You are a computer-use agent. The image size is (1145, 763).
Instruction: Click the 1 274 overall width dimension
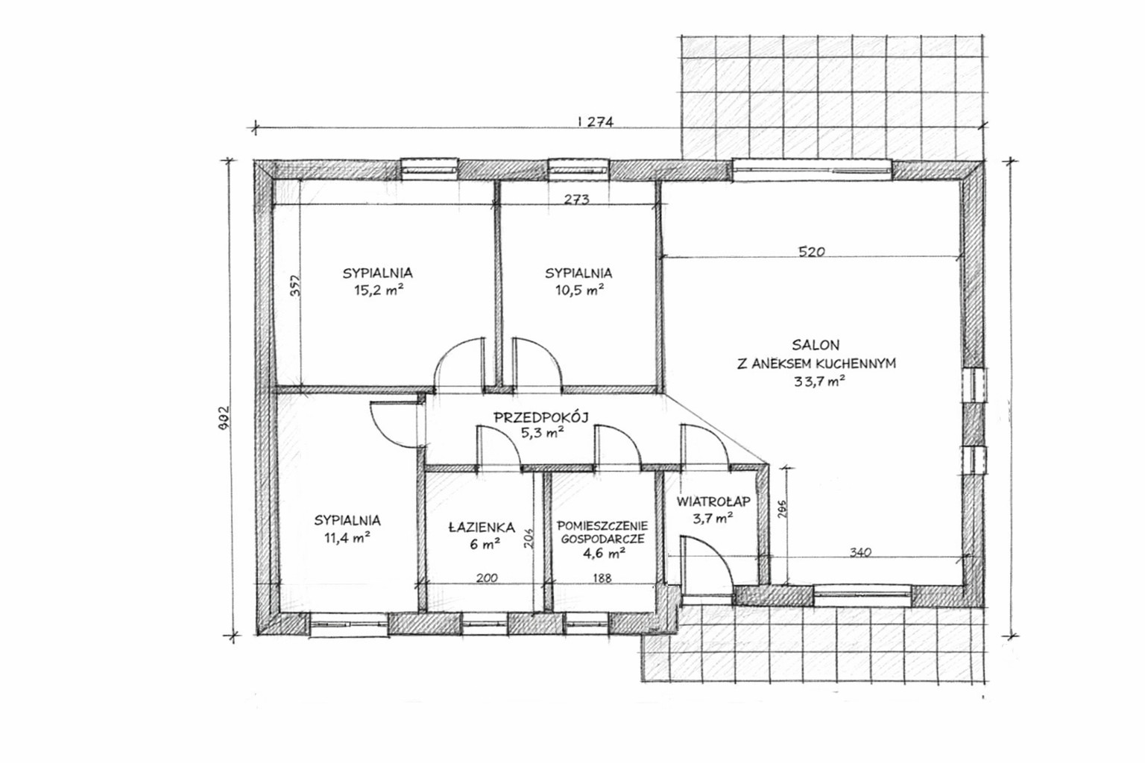coord(594,121)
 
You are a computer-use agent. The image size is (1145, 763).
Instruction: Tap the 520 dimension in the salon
coord(812,251)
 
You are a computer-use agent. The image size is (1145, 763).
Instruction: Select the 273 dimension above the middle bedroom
coord(576,199)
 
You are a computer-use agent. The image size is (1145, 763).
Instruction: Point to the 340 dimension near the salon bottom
coord(860,552)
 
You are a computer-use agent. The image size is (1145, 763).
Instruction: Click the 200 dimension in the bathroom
coord(487,578)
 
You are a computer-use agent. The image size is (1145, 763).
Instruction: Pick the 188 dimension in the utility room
coord(602,578)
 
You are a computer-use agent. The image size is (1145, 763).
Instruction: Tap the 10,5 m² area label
coord(580,291)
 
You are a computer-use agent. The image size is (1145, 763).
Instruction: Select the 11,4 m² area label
coord(347,538)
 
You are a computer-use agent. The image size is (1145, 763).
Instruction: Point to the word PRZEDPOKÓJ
coord(541,417)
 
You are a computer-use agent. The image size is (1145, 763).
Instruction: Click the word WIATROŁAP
coord(713,501)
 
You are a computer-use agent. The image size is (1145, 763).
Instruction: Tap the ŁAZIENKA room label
coord(482,527)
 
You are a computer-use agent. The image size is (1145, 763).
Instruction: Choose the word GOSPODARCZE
coord(602,539)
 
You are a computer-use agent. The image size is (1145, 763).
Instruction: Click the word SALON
coord(816,345)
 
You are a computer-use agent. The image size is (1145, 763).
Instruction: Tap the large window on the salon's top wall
coord(813,170)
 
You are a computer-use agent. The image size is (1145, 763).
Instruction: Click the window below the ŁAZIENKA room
coord(485,624)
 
